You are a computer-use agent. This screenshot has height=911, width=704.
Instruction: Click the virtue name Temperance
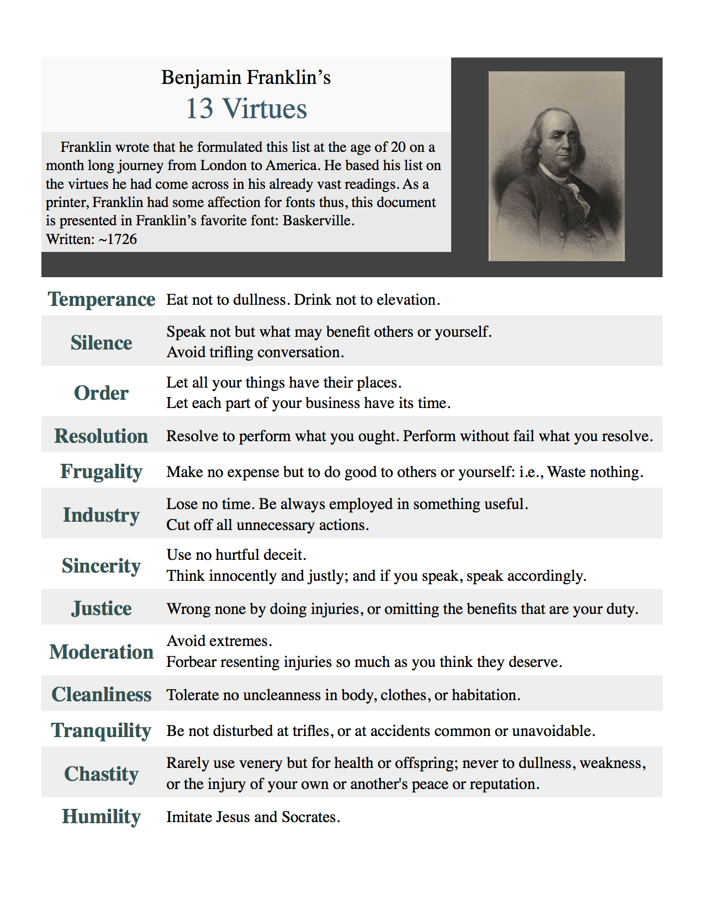[x=102, y=299]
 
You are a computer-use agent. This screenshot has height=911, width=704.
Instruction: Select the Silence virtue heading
[x=102, y=343]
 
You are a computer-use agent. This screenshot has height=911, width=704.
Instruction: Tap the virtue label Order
[x=102, y=393]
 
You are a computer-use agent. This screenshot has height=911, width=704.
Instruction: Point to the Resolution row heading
[x=102, y=436]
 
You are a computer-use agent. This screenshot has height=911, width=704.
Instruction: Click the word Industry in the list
[x=102, y=515]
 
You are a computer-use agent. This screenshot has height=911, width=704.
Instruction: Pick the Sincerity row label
[x=102, y=566]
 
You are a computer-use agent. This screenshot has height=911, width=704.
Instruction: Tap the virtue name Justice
[x=102, y=608]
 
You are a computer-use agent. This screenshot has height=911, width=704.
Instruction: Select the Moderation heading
[x=102, y=652]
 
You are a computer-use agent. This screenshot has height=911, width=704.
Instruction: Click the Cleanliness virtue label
[x=102, y=695]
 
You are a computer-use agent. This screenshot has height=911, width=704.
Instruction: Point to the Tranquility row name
[x=102, y=730]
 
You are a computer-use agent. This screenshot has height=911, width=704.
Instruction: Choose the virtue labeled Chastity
[x=102, y=774]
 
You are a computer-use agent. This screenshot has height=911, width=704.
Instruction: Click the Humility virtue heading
[x=102, y=817]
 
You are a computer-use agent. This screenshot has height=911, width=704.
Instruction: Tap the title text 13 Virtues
[x=246, y=109]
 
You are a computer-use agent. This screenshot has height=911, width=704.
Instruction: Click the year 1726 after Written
[x=122, y=240]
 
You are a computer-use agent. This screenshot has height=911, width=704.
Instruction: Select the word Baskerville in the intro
[x=317, y=221]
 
